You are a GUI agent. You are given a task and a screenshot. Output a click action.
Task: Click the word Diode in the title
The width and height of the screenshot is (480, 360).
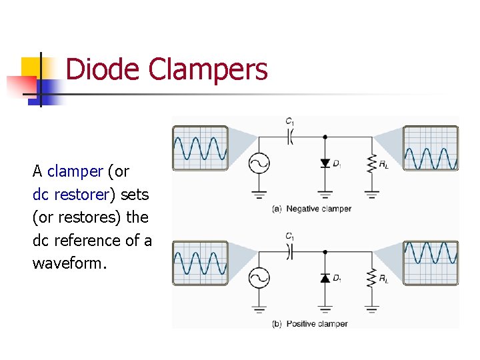pos(103,69)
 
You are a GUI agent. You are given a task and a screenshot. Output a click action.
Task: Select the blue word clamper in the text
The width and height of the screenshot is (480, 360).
pos(75,171)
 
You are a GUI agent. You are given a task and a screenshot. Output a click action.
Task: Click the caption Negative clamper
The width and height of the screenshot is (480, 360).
pos(318,209)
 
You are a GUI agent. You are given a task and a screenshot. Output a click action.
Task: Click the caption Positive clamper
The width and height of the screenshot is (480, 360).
pos(317,324)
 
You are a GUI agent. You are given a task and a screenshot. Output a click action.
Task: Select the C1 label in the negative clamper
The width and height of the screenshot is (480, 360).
pos(290,121)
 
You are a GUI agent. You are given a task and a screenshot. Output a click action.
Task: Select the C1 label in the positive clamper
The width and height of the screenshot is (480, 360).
pos(290,236)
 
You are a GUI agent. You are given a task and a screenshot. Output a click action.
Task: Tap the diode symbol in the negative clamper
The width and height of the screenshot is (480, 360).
pos(325,163)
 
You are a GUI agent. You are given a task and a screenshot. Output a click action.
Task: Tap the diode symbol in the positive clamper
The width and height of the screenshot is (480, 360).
pos(325,278)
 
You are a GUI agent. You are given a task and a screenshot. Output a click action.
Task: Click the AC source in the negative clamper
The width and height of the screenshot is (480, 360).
pos(258,163)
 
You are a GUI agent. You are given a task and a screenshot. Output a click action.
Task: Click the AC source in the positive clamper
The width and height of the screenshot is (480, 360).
pos(258,278)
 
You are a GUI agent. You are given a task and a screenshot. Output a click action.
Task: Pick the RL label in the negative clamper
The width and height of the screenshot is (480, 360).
pos(384,164)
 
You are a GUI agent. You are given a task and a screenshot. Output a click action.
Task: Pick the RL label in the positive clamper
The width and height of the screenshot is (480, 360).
pos(384,279)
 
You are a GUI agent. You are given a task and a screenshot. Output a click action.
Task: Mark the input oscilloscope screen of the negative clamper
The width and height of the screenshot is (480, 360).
pos(200,147)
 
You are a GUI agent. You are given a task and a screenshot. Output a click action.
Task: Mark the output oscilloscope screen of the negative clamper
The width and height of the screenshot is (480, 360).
pos(431,147)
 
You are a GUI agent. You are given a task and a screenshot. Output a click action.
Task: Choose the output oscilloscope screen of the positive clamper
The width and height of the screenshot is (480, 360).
pos(431,263)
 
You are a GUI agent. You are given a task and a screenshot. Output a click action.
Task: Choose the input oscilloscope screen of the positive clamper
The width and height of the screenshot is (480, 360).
pos(200,263)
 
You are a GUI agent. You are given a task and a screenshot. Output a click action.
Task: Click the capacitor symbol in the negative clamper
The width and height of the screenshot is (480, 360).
pos(291,136)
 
